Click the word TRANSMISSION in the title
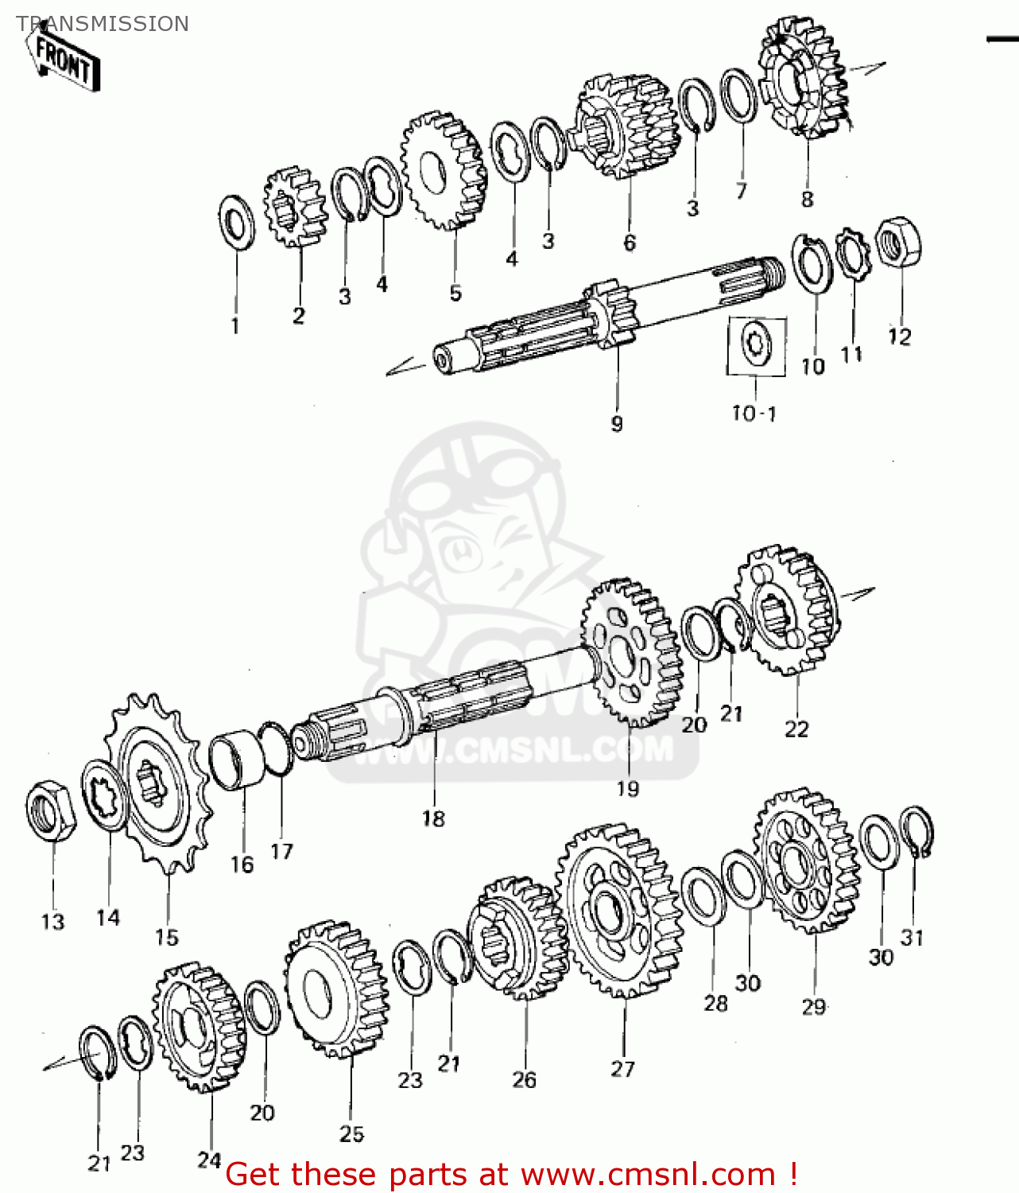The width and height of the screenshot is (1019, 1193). [103, 24]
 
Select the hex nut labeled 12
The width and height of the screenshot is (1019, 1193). [898, 242]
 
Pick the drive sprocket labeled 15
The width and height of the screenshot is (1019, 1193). [159, 784]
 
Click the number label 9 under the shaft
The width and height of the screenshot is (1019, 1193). [617, 424]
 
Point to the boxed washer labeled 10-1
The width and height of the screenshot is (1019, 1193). [756, 345]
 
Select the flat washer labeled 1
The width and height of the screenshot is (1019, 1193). [236, 221]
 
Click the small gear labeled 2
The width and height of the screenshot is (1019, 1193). [296, 208]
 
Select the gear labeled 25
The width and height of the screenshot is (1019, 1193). [337, 989]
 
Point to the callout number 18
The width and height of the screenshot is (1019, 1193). [433, 818]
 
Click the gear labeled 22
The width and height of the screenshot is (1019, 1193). [786, 611]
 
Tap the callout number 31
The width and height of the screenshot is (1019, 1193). [912, 938]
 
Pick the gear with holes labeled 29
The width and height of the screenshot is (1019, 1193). [805, 861]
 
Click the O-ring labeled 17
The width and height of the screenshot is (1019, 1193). [276, 748]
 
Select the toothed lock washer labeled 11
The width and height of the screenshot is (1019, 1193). [853, 252]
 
